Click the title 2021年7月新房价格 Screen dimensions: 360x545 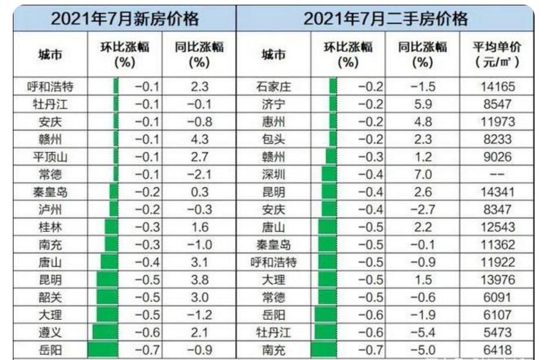coord(124,19)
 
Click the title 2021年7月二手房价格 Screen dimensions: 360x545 coord(385,19)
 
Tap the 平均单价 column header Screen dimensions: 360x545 coord(496,54)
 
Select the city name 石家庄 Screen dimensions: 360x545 coord(273,88)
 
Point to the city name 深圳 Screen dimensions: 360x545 coord(273,174)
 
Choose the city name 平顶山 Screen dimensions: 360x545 coord(49,157)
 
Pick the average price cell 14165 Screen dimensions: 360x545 coord(497,88)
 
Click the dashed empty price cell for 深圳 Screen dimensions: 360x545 coord(497,174)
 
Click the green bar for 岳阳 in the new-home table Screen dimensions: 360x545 coord(102,350)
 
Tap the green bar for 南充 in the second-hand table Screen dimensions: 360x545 coord(324,350)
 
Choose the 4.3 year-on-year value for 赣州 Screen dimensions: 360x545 coord(199,140)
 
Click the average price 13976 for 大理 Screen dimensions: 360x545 coord(497,280)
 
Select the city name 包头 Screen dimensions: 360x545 coord(273,140)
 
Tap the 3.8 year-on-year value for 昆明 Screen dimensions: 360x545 coord(199,279)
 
